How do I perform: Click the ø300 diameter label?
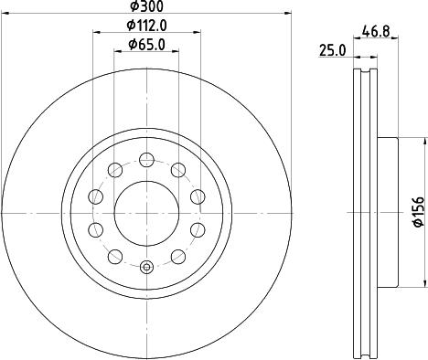pyautogui.click(x=145, y=7)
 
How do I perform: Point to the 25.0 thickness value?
pyautogui.click(x=331, y=52)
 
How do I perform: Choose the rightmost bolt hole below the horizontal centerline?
pyautogui.click(x=197, y=229)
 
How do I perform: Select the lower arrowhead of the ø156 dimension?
pyautogui.click(x=423, y=281)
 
